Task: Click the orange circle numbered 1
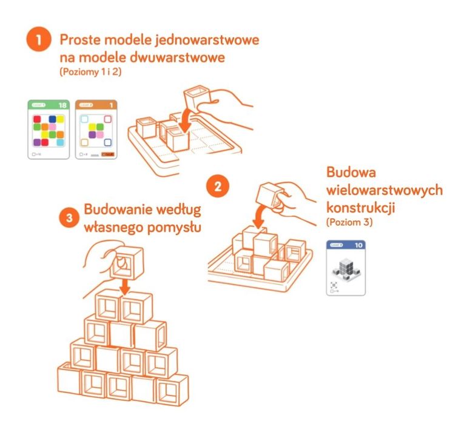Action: pyautogui.click(x=39, y=43)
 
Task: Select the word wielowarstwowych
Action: pyautogui.click(x=384, y=190)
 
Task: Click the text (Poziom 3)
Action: pyautogui.click(x=351, y=222)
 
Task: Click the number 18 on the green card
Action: pyautogui.click(x=61, y=105)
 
